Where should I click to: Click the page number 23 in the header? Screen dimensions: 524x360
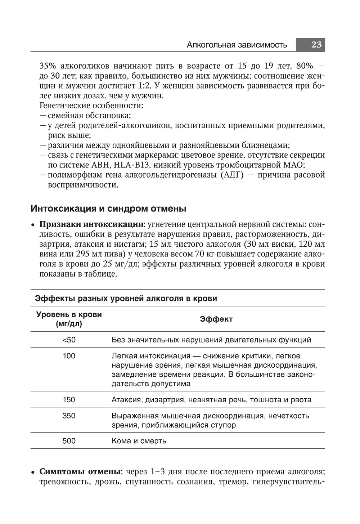[x=316, y=45]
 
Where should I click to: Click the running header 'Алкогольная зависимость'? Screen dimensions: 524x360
[x=237, y=45]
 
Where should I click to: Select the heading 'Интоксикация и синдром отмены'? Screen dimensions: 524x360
[x=108, y=209]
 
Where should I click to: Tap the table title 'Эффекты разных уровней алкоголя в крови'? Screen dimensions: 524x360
[x=126, y=299]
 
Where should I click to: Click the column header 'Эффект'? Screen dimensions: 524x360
[x=216, y=319]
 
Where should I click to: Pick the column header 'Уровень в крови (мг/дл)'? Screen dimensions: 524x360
[x=69, y=319]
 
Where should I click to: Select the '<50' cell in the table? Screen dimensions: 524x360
[x=69, y=340]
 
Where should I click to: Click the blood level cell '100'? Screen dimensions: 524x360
[x=69, y=356]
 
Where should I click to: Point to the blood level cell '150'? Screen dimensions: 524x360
[x=69, y=400]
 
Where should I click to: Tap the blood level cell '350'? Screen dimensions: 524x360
[x=69, y=416]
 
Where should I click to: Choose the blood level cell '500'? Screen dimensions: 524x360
[x=69, y=441]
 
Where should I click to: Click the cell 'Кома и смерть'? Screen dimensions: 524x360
[x=139, y=441]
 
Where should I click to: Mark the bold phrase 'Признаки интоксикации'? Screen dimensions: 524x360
[x=91, y=224]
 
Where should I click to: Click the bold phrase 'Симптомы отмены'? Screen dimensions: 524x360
[x=80, y=472]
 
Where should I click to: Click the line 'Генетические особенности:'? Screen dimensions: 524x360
[x=91, y=106]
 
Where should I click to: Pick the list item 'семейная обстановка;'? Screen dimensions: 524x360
[x=89, y=116]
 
